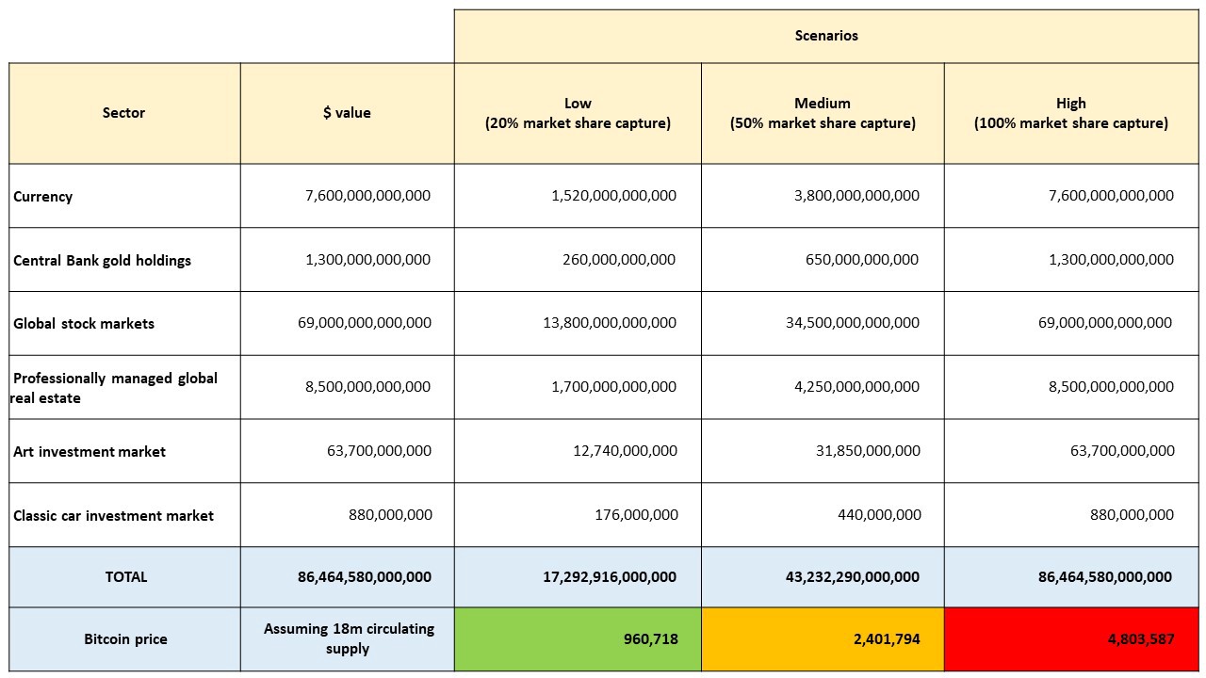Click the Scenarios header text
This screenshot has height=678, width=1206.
[826, 36]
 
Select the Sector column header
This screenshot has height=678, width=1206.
[123, 112]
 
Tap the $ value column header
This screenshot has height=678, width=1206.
[347, 112]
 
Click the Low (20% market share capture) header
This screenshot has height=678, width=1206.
[578, 113]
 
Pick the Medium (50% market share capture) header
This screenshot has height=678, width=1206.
[823, 113]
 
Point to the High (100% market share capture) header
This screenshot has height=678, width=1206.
[1071, 113]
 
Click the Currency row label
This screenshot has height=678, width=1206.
[42, 197]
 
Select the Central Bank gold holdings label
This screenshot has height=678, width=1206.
[102, 261]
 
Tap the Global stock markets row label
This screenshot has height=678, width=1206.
[84, 323]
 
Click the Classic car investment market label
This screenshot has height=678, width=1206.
[113, 515]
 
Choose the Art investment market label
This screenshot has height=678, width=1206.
[89, 451]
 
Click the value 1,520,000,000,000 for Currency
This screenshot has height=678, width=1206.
[613, 195]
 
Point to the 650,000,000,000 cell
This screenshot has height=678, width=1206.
[861, 259]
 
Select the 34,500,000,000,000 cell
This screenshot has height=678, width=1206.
[853, 322]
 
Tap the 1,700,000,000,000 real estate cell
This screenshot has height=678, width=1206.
[613, 386]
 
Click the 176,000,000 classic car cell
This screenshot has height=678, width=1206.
[636, 514]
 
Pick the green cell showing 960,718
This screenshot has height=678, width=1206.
[578, 639]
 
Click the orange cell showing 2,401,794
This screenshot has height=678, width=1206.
[823, 639]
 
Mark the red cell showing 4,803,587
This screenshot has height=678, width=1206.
[1071, 639]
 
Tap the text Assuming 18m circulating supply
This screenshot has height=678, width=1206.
[349, 638]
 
